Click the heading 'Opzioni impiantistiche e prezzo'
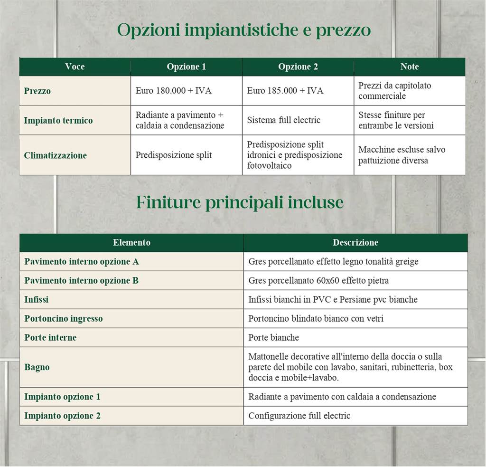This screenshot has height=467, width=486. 243,30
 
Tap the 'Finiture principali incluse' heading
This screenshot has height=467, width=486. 240,202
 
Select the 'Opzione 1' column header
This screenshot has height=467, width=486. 186,67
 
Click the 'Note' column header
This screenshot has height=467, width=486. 409,67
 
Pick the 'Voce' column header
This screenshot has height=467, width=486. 75,67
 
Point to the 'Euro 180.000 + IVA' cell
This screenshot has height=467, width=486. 173,91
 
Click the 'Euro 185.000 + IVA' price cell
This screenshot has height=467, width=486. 285,91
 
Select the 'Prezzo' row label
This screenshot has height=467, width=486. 37,91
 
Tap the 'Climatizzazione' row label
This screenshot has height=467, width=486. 55,155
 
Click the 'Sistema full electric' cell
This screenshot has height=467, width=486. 283,120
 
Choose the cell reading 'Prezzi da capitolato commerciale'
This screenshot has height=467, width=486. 394,91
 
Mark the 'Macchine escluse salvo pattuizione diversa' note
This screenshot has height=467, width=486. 402,155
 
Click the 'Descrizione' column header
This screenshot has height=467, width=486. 355,243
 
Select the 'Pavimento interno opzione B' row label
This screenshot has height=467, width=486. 82,281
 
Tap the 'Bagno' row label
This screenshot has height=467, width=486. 37,367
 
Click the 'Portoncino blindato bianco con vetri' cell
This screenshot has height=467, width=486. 316,319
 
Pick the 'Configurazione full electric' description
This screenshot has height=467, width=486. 299,416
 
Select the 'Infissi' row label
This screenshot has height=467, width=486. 37,300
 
